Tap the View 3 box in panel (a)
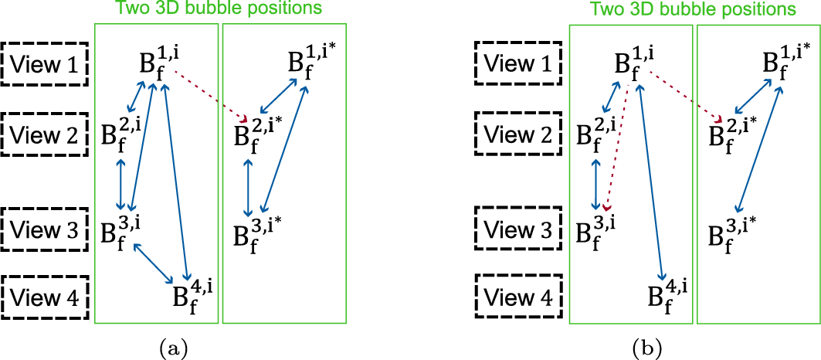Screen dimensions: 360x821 pos(46,230)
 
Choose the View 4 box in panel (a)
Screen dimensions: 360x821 pos(46,297)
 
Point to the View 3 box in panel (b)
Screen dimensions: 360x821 pos(520,230)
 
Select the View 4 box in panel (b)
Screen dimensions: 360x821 pos(520,297)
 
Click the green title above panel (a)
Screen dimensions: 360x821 pos(219,10)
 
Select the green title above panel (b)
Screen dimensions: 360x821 pos(693,10)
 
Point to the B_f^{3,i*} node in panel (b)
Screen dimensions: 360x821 pos(731,230)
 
